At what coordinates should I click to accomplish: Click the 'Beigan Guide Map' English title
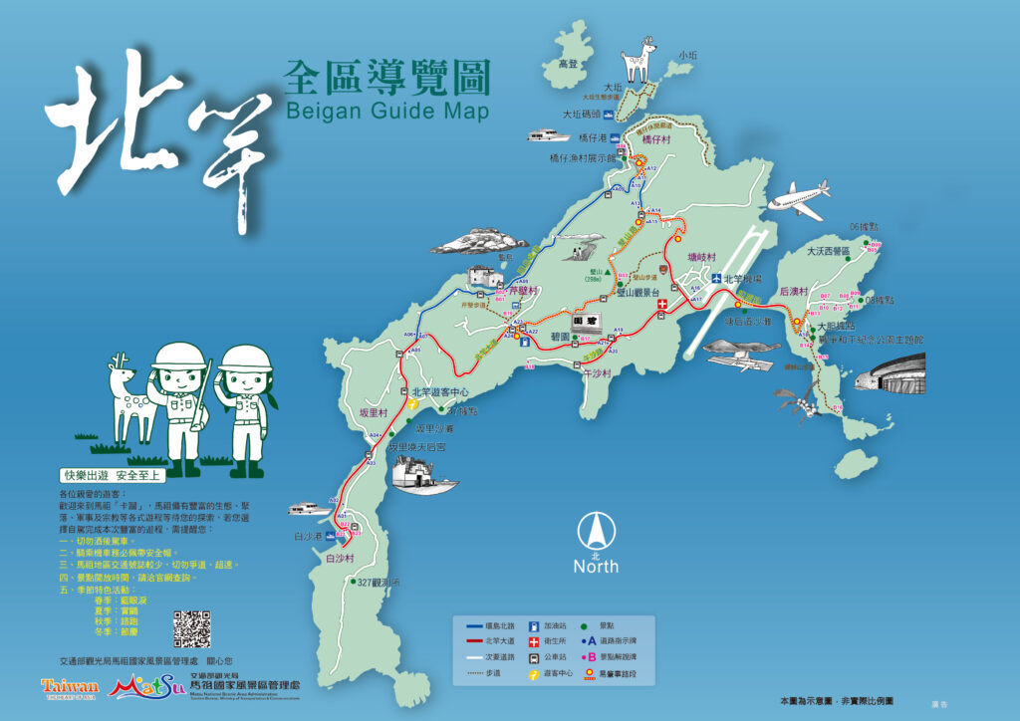pyautogui.click(x=386, y=110)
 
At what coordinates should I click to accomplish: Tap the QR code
pyautogui.click(x=193, y=627)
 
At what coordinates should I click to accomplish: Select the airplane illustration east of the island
pyautogui.click(x=798, y=199)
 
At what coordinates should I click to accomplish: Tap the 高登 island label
pyautogui.click(x=568, y=63)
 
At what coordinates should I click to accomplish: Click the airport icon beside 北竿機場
pyautogui.click(x=715, y=279)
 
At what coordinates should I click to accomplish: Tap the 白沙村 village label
pyautogui.click(x=340, y=560)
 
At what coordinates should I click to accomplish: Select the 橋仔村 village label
pyautogui.click(x=658, y=140)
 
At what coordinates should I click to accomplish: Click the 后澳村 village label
pyautogui.click(x=793, y=290)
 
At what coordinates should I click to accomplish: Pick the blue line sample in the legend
pyautogui.click(x=475, y=625)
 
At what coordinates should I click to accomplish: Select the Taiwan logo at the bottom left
pyautogui.click(x=70, y=687)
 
